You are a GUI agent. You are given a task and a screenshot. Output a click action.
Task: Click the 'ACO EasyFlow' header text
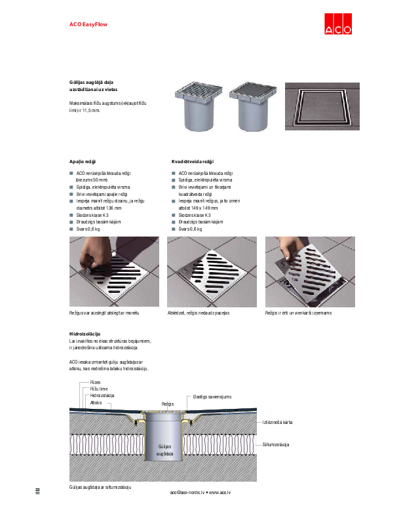(x=88, y=24)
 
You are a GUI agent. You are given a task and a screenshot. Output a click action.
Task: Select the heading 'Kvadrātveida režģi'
(x=191, y=161)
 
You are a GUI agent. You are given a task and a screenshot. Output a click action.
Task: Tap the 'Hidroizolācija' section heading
(x=85, y=334)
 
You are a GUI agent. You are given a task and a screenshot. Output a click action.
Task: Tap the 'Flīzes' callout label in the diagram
(x=95, y=382)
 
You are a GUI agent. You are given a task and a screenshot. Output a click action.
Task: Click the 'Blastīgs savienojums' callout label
(x=212, y=396)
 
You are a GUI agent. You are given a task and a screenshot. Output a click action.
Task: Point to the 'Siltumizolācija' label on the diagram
(x=276, y=444)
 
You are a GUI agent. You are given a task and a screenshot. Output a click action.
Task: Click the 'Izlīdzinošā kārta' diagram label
(x=278, y=422)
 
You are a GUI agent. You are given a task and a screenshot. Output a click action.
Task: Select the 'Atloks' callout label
(x=96, y=402)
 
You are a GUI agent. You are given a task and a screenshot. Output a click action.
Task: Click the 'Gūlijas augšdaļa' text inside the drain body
(x=166, y=449)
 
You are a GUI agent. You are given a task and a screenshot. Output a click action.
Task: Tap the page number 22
(x=37, y=490)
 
